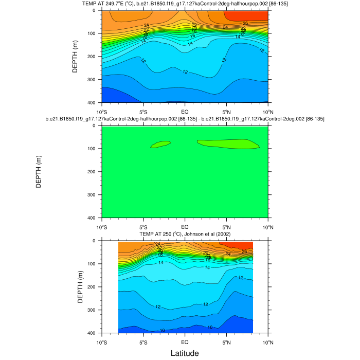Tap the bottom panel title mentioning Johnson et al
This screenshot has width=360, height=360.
click(x=185, y=235)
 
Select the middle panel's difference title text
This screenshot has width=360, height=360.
click(x=185, y=119)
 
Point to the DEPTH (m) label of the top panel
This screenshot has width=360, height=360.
click(x=75, y=57)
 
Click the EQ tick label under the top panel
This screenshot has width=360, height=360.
click(x=185, y=111)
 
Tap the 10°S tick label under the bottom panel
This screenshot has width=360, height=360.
click(x=102, y=341)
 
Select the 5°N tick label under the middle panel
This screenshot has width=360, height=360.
click(x=226, y=226)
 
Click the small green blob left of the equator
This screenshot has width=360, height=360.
click(x=160, y=145)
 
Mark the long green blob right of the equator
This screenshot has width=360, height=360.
click(x=229, y=144)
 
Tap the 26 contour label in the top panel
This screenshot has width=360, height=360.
click(x=245, y=23)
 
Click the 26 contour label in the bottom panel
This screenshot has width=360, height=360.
click(x=244, y=251)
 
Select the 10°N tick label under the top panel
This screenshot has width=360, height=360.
click(x=268, y=111)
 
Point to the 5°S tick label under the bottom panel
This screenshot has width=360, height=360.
click(x=143, y=341)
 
